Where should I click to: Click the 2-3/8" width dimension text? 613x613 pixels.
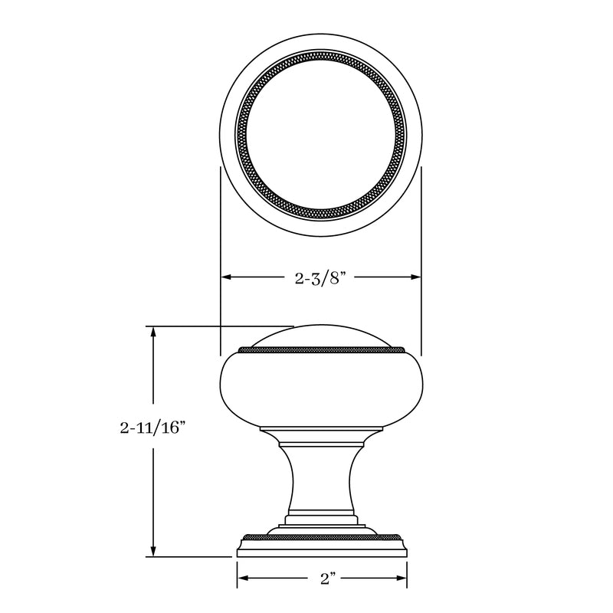click(321, 278)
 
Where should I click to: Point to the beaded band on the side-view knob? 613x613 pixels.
click(321, 350)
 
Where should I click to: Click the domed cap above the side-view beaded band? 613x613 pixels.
click(321, 335)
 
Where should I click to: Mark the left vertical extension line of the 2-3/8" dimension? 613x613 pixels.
click(221, 230)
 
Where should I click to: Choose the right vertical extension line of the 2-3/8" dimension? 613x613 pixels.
click(422, 230)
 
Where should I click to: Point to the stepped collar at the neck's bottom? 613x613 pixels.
click(321, 521)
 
